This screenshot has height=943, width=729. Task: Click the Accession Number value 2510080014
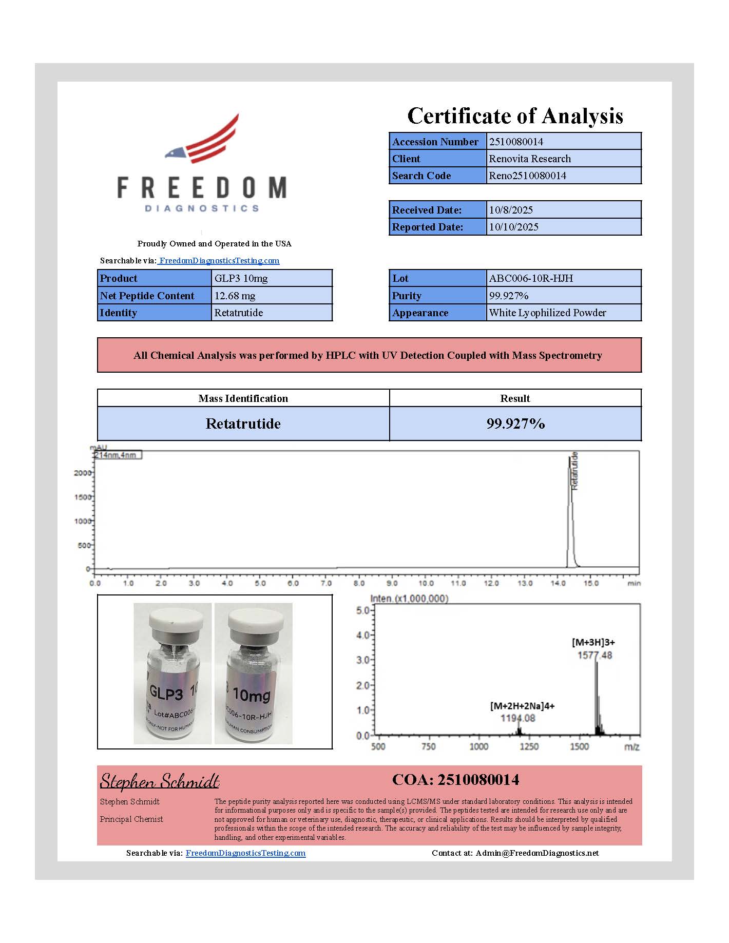(x=516, y=142)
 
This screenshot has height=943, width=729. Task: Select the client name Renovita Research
(x=530, y=159)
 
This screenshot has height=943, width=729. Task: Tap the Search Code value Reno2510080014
(x=527, y=176)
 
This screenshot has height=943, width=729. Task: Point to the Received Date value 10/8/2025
(x=511, y=210)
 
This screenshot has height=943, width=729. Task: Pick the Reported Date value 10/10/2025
(x=513, y=227)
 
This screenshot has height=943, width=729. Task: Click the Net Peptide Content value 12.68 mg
(x=235, y=296)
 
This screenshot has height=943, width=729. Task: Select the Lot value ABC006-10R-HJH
(x=531, y=278)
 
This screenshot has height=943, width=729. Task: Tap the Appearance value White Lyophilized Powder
(x=547, y=313)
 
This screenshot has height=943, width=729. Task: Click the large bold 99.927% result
(x=515, y=424)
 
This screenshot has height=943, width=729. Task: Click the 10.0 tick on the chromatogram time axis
(x=426, y=583)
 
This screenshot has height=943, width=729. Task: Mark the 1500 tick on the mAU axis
(x=83, y=497)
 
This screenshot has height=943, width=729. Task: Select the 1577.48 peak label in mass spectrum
(x=594, y=655)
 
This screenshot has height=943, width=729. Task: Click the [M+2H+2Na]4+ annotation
(x=522, y=706)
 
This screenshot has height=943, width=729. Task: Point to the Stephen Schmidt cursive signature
(x=160, y=781)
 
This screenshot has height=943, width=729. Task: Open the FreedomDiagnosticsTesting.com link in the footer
(x=245, y=853)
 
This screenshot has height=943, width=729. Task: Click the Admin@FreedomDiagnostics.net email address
(x=537, y=853)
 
